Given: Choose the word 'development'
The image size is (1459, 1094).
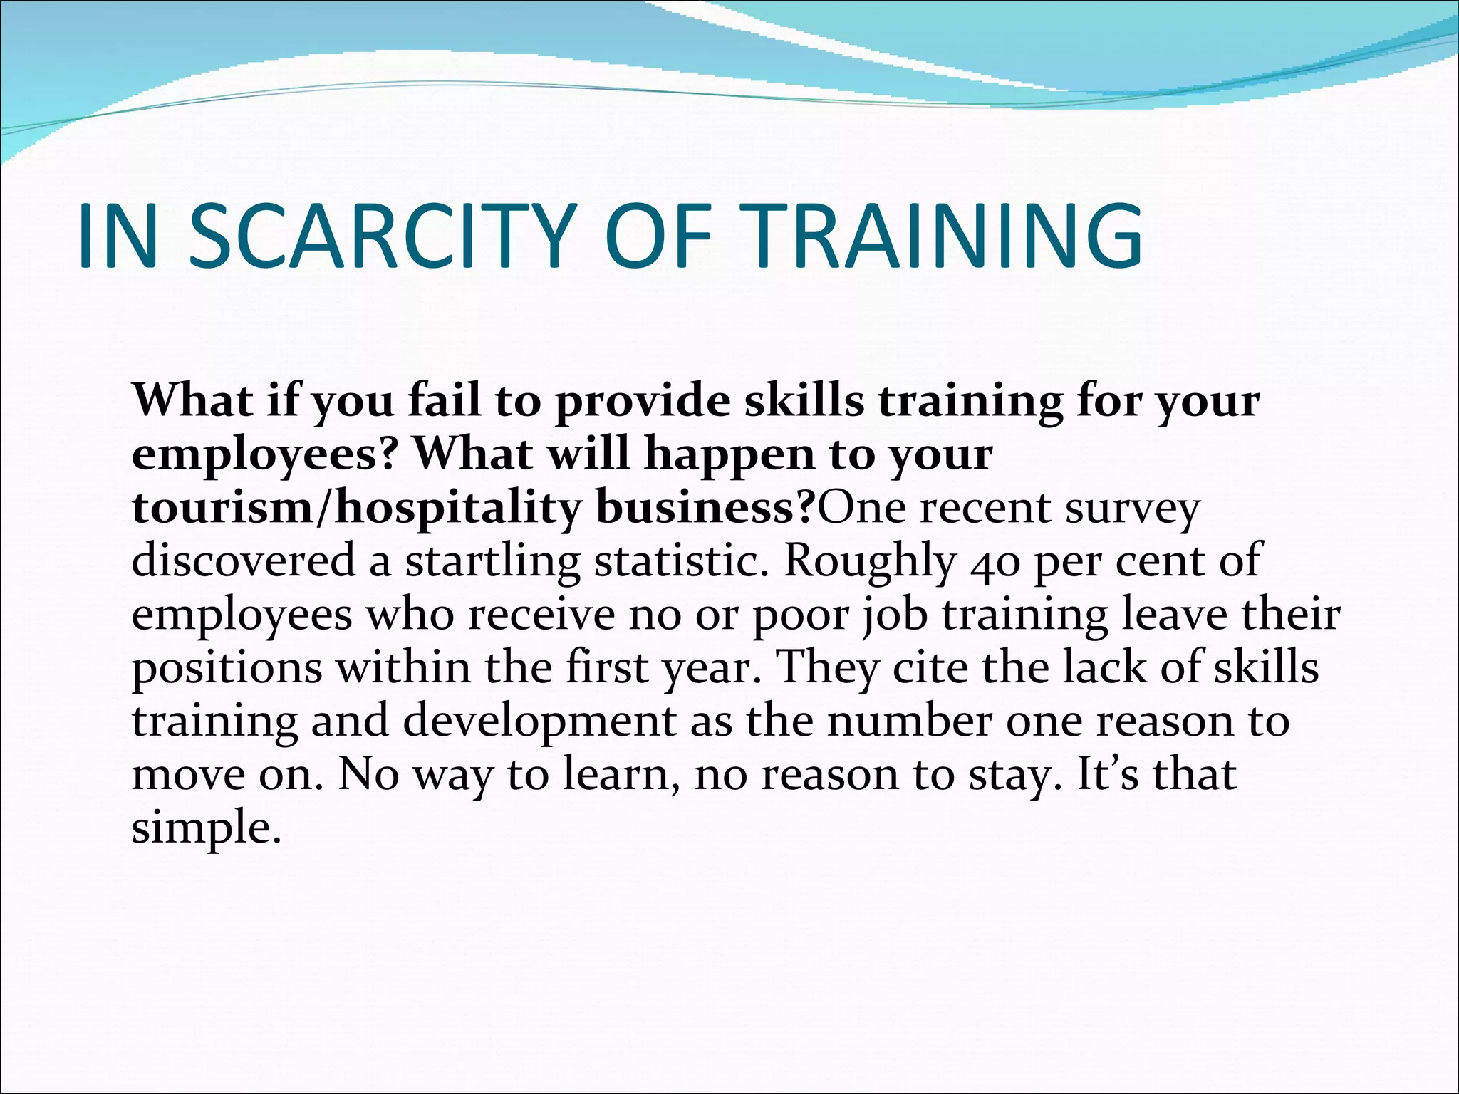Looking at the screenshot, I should point(539,721).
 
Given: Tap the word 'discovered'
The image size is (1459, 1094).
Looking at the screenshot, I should point(243,561).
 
